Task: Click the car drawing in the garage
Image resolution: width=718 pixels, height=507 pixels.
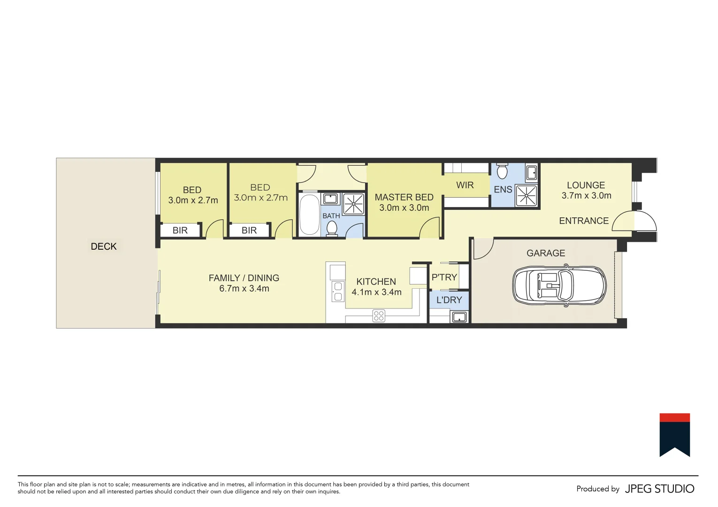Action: click(x=559, y=286)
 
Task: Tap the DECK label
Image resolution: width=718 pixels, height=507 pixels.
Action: click(x=104, y=246)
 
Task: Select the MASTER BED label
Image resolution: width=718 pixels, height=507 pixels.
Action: click(x=404, y=198)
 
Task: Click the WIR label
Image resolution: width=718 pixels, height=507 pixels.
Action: click(x=465, y=185)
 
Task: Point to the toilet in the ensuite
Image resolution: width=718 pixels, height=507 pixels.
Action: click(x=502, y=171)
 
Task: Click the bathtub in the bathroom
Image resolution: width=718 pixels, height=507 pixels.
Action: click(x=309, y=214)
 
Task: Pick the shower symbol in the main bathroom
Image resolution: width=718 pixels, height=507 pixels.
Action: click(x=353, y=204)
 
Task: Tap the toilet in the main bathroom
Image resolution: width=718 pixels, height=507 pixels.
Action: click(x=332, y=228)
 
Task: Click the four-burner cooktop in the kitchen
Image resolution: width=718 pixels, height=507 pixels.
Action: click(x=379, y=316)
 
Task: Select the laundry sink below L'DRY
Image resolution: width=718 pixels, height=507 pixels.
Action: click(x=458, y=317)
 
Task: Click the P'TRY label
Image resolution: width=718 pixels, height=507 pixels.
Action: click(x=444, y=277)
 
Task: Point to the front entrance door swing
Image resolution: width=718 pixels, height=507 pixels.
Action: click(x=634, y=221)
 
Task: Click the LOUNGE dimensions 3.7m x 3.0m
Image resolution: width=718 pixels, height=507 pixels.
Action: click(x=586, y=196)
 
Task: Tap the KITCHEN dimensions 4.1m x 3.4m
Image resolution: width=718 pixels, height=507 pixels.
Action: click(x=376, y=292)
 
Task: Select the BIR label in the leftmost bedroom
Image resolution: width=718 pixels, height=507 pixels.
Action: click(x=180, y=230)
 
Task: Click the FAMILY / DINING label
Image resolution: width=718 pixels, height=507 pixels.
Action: click(x=244, y=278)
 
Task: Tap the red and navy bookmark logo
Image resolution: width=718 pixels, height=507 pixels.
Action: click(x=674, y=435)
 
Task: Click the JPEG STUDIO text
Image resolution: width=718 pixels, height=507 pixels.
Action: click(x=659, y=489)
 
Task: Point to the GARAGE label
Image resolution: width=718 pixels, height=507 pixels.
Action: click(x=546, y=253)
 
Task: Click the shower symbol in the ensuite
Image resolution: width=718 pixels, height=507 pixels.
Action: click(x=526, y=196)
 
